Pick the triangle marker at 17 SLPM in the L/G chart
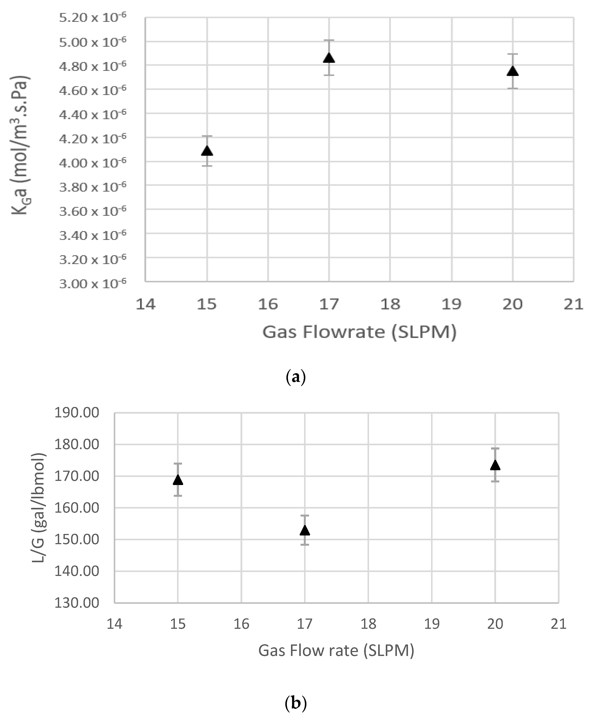coord(304,530)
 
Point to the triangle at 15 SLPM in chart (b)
coord(178,480)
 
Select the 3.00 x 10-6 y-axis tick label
coord(92,283)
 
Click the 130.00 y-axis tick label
coord(77,603)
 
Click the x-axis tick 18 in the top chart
coord(390,304)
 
